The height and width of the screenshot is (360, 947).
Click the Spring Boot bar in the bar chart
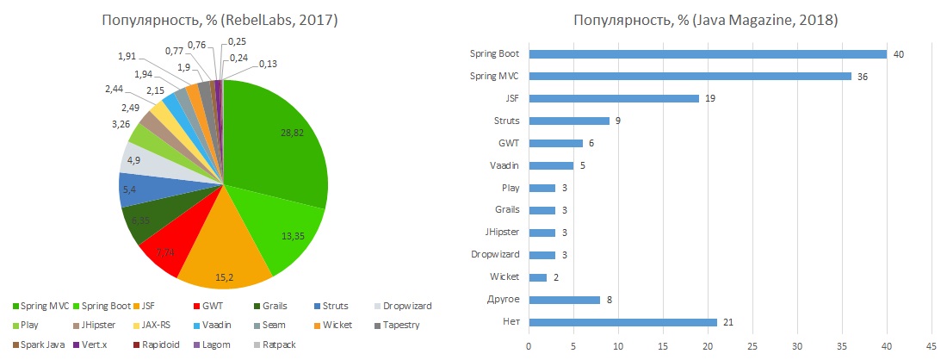(x=708, y=54)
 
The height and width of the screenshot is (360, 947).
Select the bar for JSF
(x=614, y=98)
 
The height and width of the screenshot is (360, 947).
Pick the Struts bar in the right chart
(x=569, y=121)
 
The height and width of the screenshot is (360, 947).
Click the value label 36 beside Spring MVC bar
(x=863, y=76)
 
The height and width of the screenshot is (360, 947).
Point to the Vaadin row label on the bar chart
(x=504, y=165)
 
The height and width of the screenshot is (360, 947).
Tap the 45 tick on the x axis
(x=931, y=344)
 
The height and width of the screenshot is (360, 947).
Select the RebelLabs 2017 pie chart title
(x=220, y=20)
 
